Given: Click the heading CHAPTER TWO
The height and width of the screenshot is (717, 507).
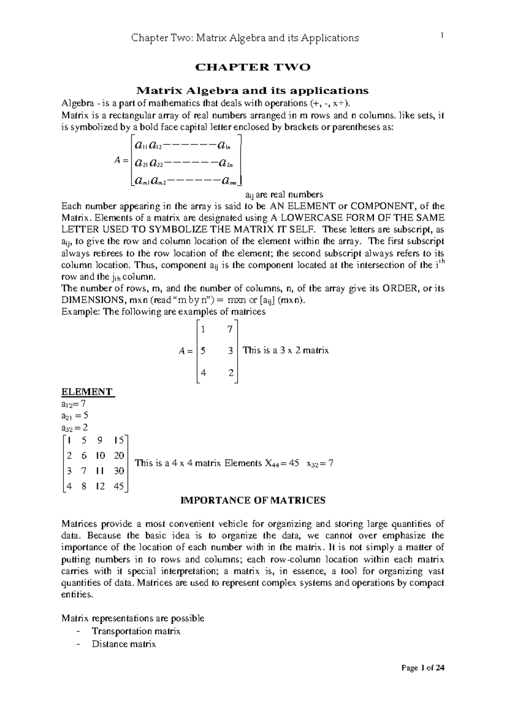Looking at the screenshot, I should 252,67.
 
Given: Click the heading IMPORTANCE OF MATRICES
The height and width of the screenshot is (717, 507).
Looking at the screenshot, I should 253,501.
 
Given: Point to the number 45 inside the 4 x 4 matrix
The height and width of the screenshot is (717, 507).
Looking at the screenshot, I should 119,486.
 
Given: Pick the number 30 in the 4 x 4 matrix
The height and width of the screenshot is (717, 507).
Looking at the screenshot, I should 119,471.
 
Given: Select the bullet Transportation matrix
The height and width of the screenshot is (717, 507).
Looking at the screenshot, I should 136,631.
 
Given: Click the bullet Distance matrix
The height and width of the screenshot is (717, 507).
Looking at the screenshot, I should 124,644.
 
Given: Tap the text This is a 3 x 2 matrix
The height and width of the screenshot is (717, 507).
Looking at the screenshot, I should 286,350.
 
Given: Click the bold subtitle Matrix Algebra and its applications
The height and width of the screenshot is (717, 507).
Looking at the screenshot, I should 252,90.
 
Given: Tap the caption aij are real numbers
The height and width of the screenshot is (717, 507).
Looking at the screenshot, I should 284,194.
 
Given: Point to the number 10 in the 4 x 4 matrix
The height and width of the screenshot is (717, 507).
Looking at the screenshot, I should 101,455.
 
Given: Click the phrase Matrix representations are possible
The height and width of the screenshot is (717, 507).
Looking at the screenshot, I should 133,618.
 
